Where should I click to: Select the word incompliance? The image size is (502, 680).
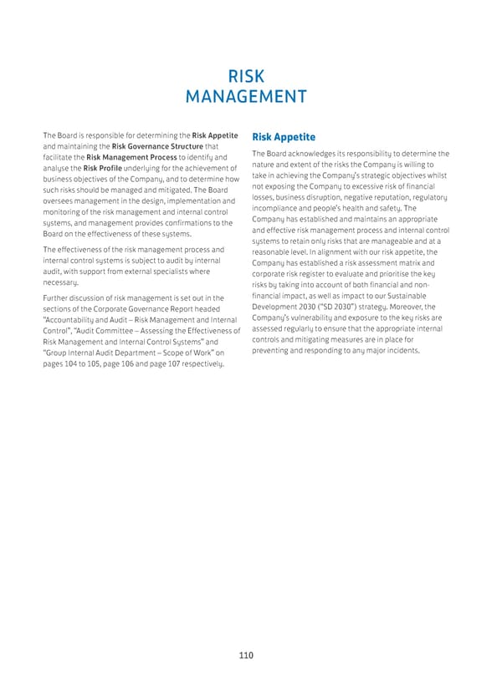pos(277,208)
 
